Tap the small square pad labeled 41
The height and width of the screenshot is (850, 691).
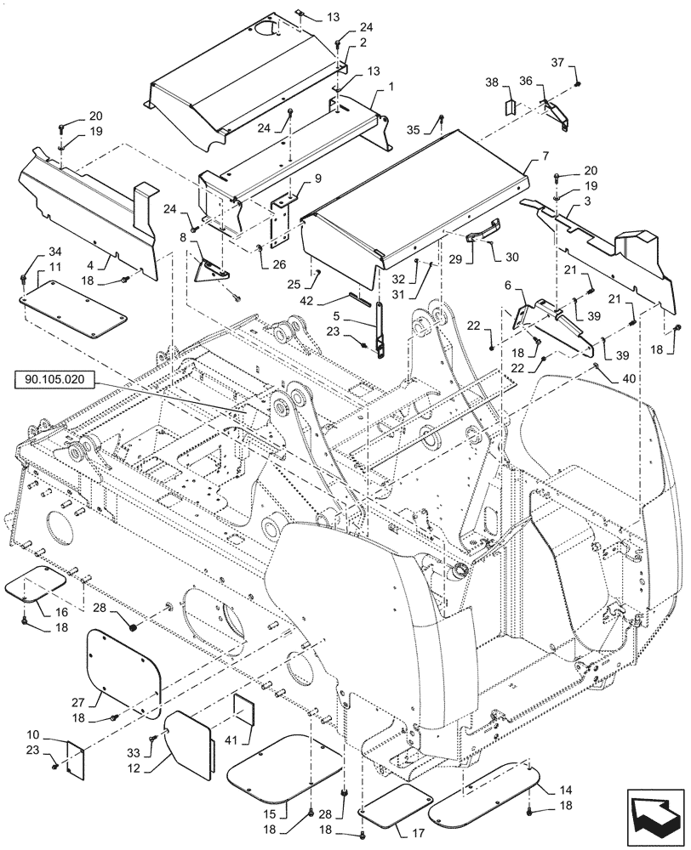point(244,711)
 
